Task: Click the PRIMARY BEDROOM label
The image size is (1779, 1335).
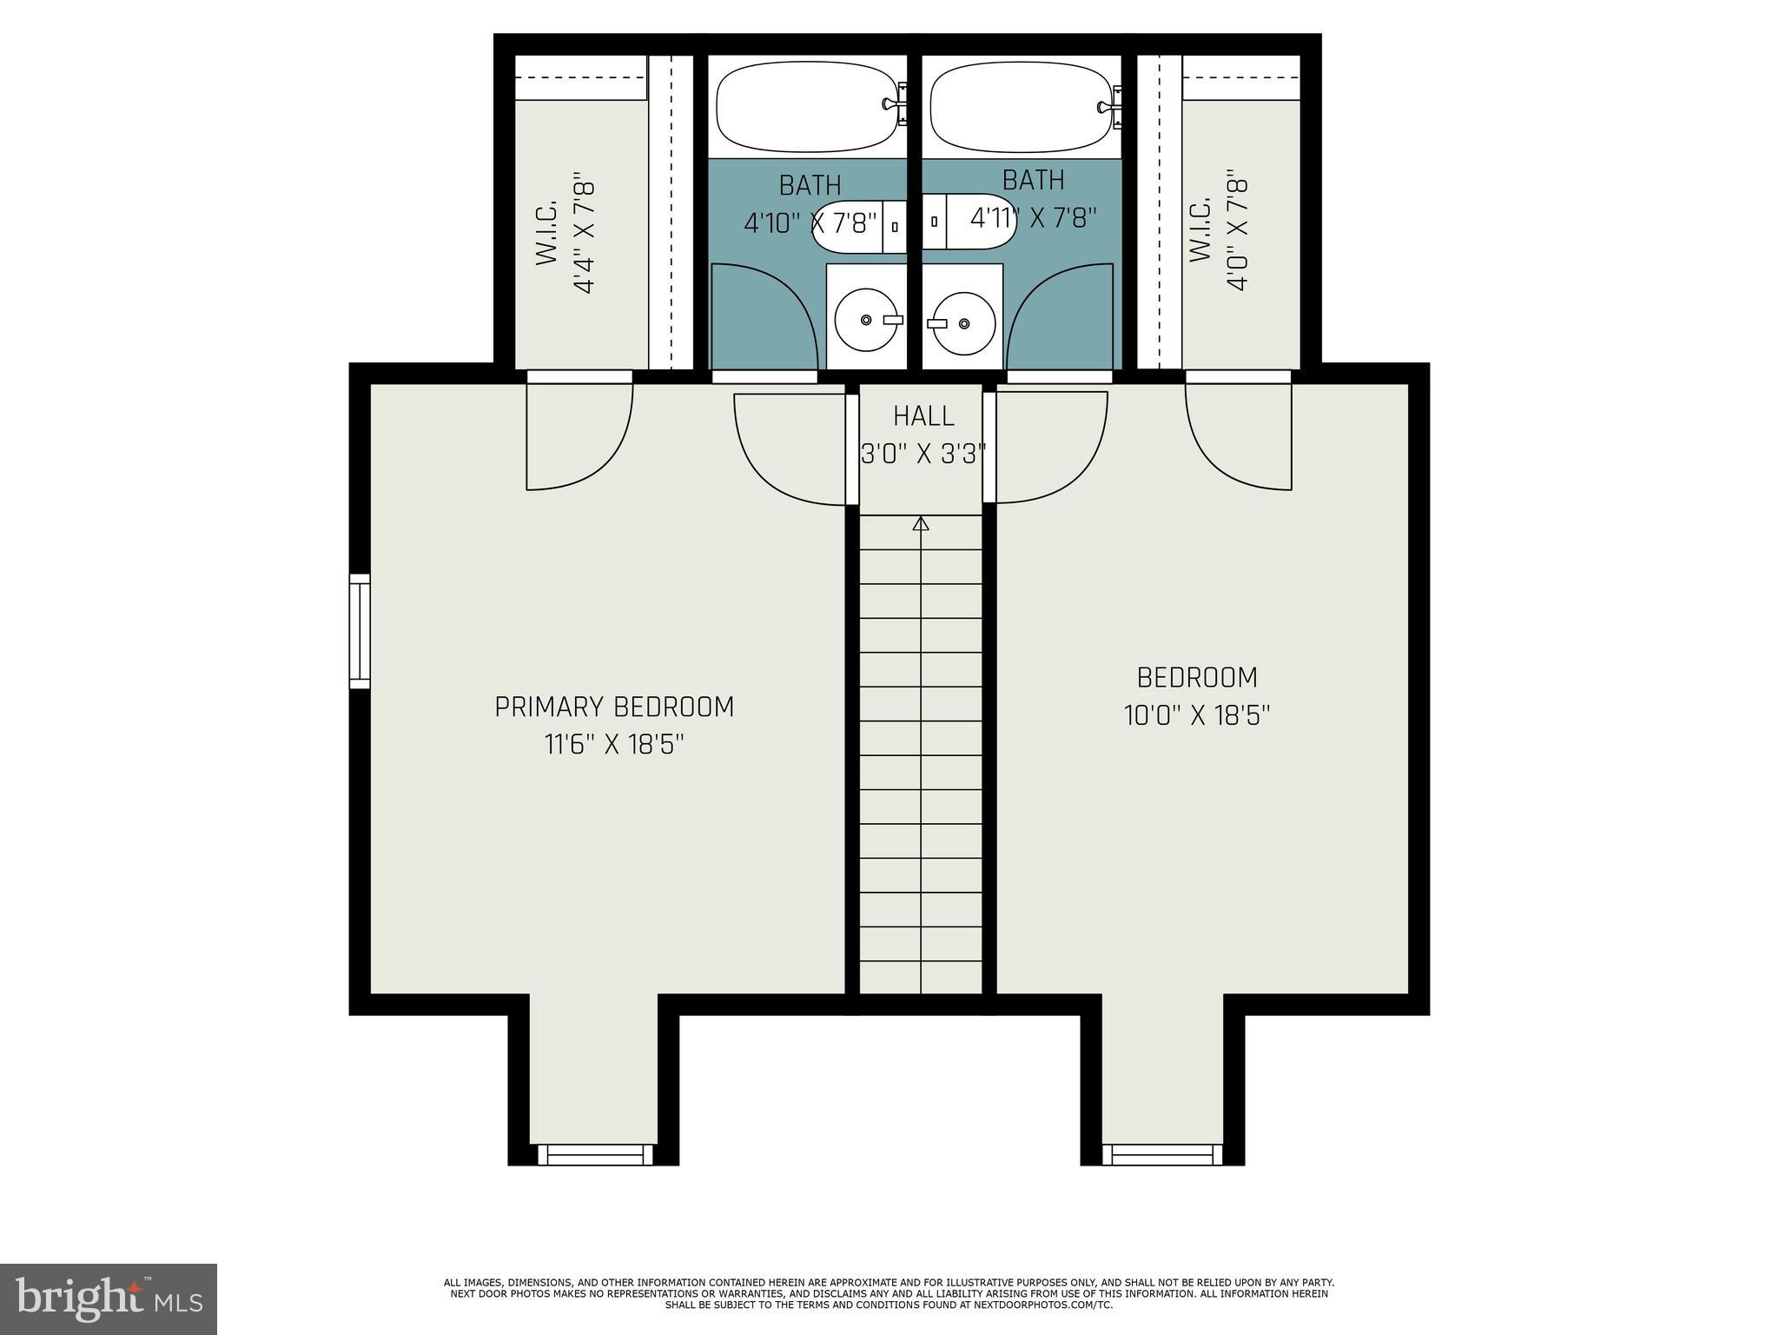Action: click(x=614, y=707)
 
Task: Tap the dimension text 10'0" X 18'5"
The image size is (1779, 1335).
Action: click(x=1197, y=715)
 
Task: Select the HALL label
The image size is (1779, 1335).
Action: click(x=923, y=416)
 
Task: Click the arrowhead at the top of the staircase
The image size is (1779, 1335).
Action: click(x=921, y=523)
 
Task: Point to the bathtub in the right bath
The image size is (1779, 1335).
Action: click(x=1022, y=107)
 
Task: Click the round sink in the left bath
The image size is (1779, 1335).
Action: click(x=867, y=320)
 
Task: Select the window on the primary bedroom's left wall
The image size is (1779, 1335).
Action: click(x=360, y=631)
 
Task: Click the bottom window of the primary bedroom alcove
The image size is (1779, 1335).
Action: click(x=595, y=1154)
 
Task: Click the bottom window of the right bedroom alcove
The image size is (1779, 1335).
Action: click(x=1162, y=1154)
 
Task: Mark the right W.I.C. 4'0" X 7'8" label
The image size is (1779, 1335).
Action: click(x=1219, y=233)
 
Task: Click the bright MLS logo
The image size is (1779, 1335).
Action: click(x=108, y=1298)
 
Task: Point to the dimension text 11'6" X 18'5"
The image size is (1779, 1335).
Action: click(x=614, y=745)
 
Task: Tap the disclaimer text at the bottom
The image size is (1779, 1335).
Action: click(x=889, y=1293)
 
